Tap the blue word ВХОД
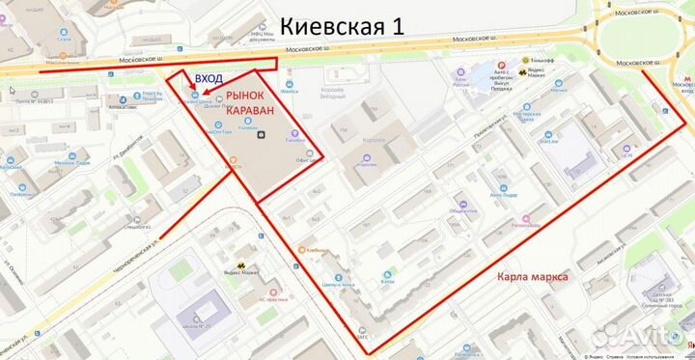212,78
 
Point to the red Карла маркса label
532,277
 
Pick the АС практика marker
273,291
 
